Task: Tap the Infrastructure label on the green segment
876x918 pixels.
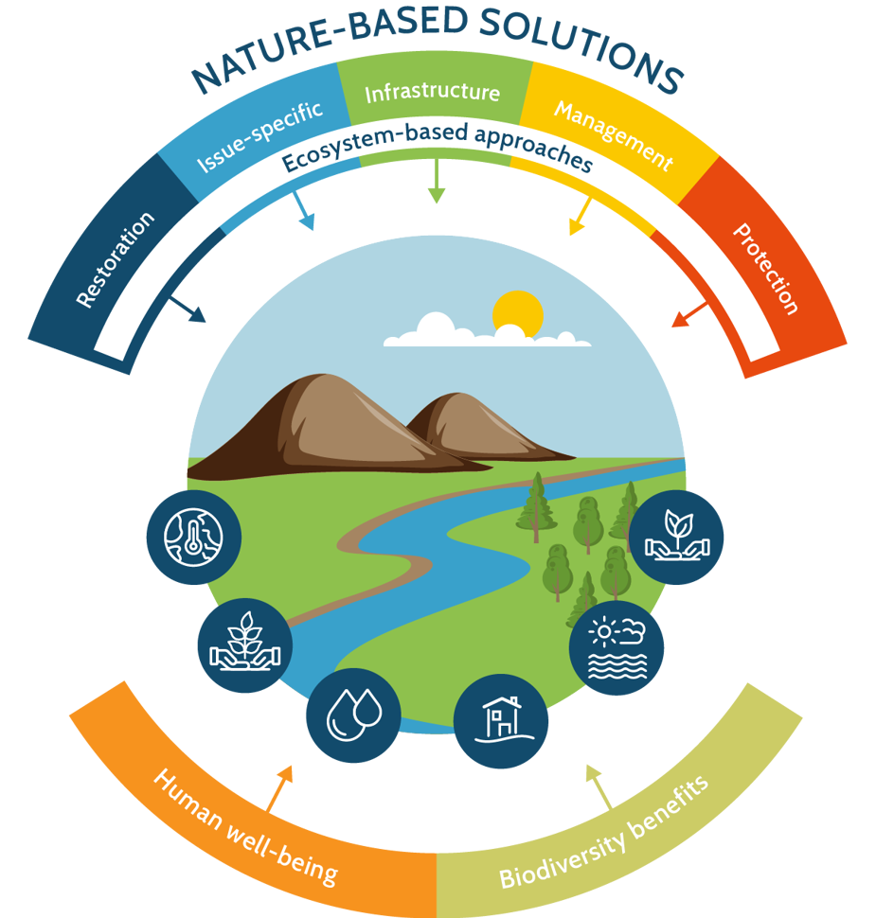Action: (432, 92)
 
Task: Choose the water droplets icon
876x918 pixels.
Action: (353, 715)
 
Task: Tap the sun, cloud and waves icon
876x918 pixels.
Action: (616, 649)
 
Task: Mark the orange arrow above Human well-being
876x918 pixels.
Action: (279, 786)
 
